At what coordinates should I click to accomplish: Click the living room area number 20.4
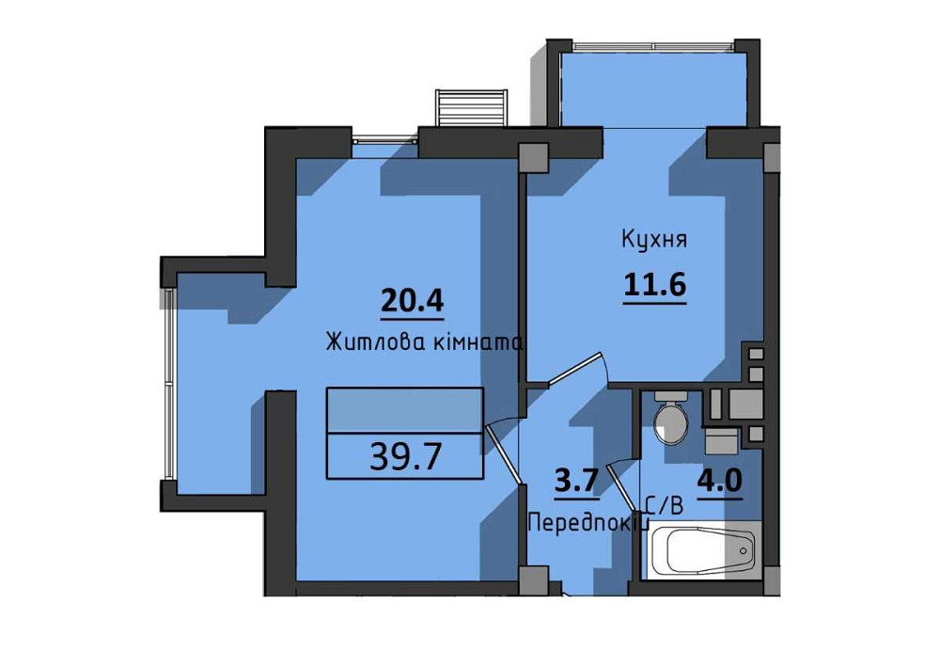pyautogui.click(x=413, y=300)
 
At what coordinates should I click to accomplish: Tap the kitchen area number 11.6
pyautogui.click(x=654, y=284)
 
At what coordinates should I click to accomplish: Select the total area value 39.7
pyautogui.click(x=406, y=457)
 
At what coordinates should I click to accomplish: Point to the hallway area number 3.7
pyautogui.click(x=577, y=482)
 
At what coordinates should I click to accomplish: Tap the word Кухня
pyautogui.click(x=654, y=240)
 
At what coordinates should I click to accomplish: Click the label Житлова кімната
pyautogui.click(x=425, y=342)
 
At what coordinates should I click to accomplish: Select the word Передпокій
pyautogui.click(x=588, y=524)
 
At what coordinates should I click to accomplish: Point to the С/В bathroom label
pyautogui.click(x=665, y=507)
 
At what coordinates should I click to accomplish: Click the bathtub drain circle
pyautogui.click(x=744, y=550)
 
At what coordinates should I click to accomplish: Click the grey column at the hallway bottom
pyautogui.click(x=533, y=580)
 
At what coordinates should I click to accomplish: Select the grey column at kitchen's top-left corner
pyautogui.click(x=533, y=158)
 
